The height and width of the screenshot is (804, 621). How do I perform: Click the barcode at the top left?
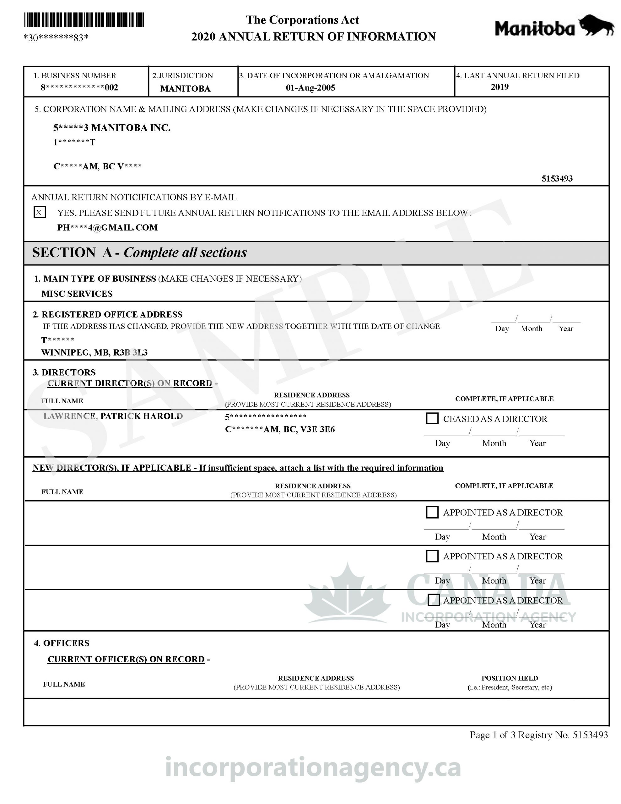click(x=84, y=20)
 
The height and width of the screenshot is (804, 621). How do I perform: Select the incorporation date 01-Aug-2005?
click(x=310, y=88)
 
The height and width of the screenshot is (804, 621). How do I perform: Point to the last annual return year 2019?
click(x=499, y=87)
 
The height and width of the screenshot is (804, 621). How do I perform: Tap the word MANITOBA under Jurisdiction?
click(x=185, y=88)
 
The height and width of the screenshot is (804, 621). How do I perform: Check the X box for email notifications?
click(x=39, y=212)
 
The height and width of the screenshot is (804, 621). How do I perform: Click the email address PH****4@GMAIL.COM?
click(x=107, y=227)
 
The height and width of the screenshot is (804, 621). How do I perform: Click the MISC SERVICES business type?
click(x=77, y=293)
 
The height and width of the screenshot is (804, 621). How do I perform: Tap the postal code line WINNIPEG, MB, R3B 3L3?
click(x=94, y=352)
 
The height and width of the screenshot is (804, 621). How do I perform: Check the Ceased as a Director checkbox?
click(x=432, y=419)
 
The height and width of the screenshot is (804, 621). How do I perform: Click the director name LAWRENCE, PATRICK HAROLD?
click(x=113, y=416)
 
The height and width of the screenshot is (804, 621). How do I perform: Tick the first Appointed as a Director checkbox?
click(x=432, y=512)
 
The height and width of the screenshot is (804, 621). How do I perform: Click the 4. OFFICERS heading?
click(x=62, y=643)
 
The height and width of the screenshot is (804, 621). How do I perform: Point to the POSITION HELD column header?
click(x=510, y=678)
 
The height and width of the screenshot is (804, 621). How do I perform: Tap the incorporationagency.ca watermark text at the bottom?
click(x=313, y=768)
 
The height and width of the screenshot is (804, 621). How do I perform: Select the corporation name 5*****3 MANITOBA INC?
click(x=112, y=128)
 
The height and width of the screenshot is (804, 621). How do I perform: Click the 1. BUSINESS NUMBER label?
click(x=75, y=75)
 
